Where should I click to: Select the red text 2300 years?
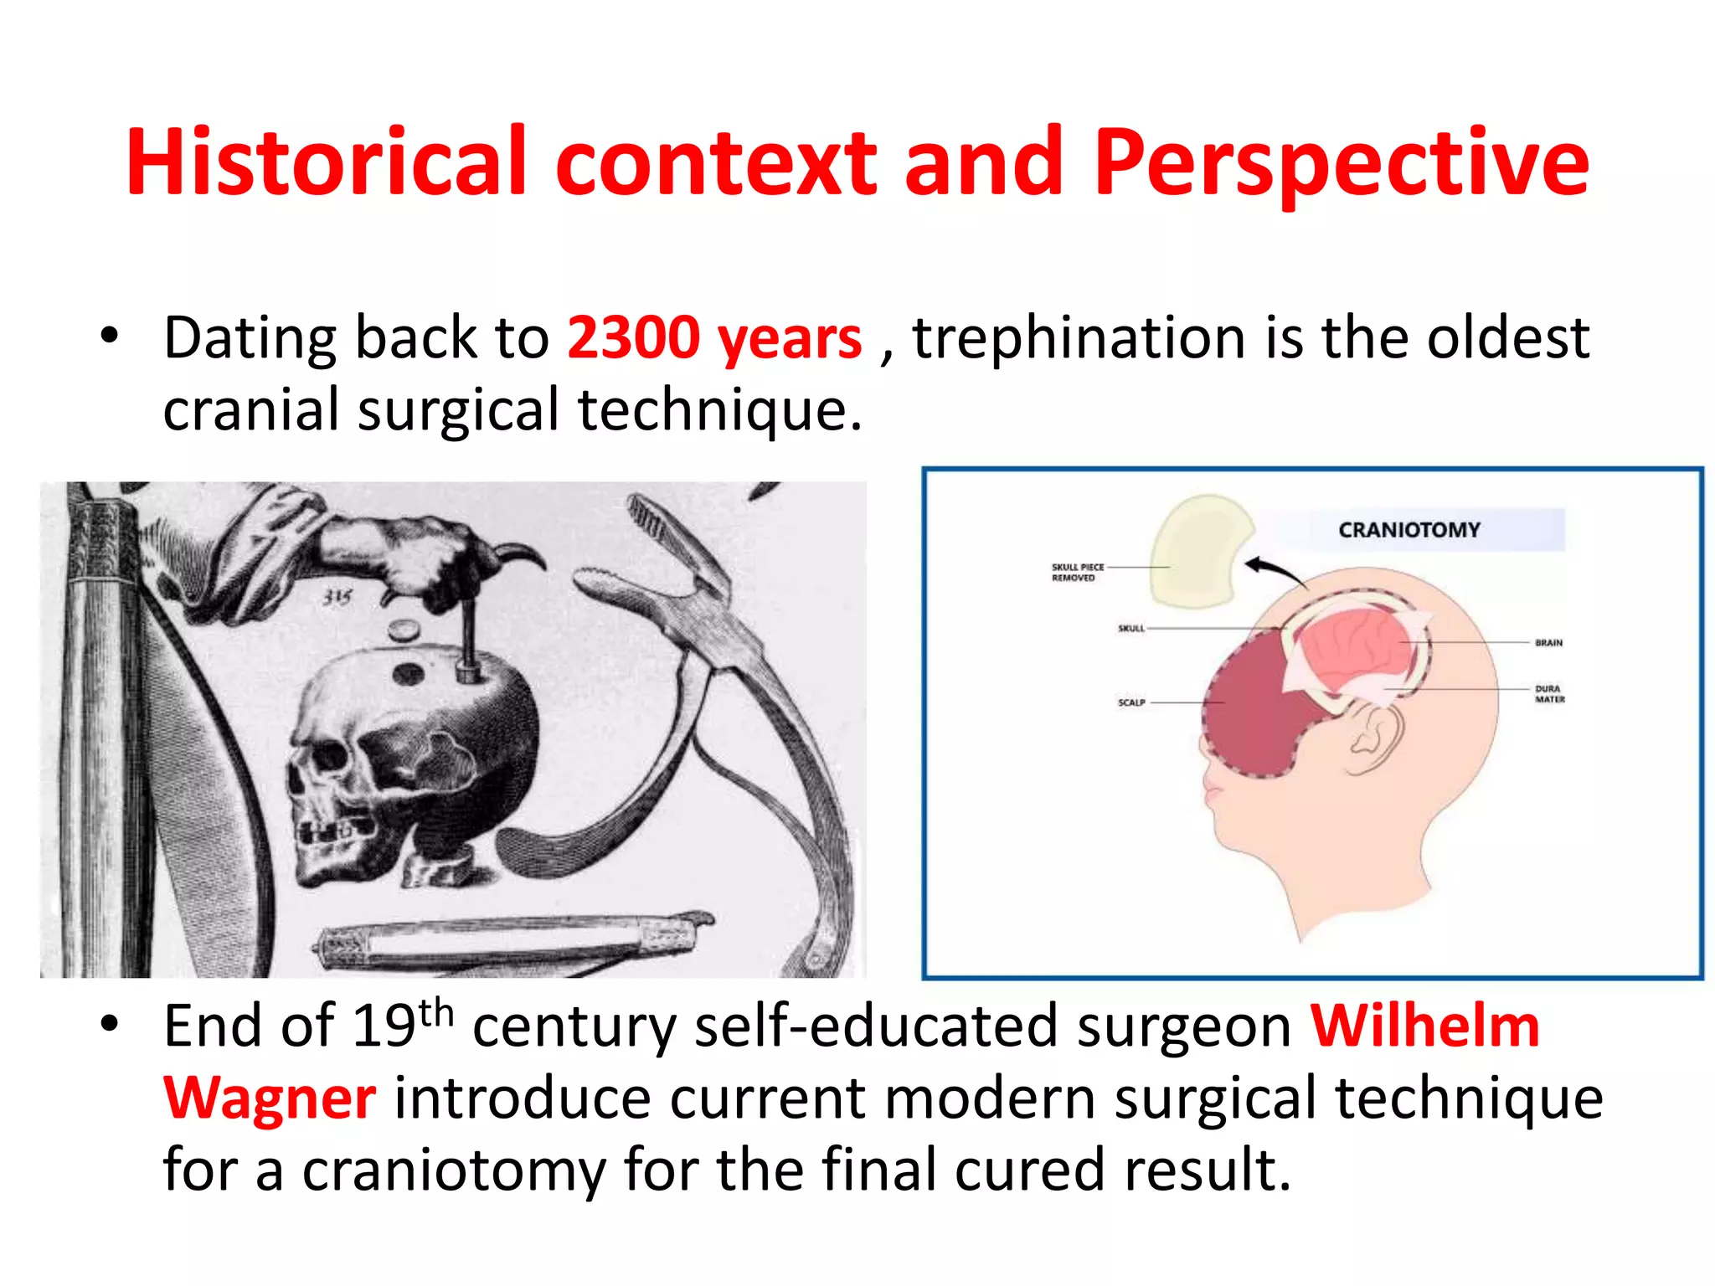713,337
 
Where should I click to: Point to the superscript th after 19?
435,1012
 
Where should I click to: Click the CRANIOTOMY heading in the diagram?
1409,530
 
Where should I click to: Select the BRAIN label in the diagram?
1548,643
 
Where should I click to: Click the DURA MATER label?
1548,694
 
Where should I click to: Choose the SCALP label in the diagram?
1130,702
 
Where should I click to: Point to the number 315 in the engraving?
337,597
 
